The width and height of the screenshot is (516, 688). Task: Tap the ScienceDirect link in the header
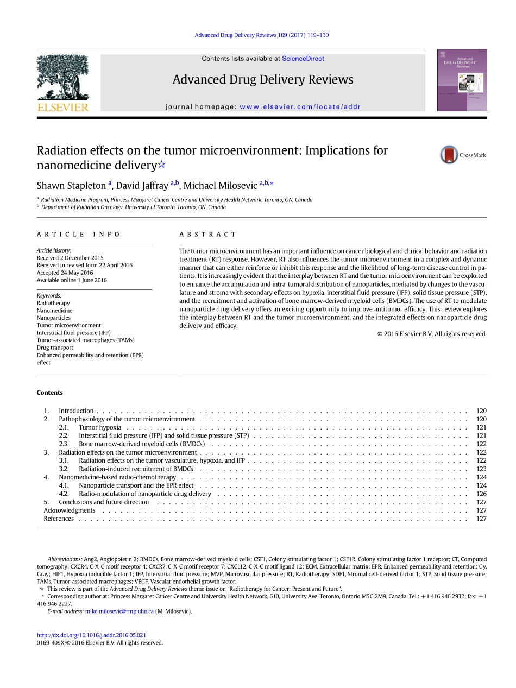coord(303,59)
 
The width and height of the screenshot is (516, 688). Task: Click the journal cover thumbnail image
coord(462,80)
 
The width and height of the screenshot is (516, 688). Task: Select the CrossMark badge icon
coord(450,155)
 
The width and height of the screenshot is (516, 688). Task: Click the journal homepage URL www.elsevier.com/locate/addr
coord(300,107)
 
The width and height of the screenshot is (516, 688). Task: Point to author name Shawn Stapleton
coord(71,186)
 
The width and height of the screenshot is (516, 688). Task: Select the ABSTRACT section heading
coord(207,235)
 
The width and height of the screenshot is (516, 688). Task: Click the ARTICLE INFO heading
coord(78,235)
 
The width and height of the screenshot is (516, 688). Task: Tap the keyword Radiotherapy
coord(53,303)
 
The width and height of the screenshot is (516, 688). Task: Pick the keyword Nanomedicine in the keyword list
coord(54,311)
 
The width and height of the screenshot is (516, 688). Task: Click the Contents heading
coord(50,393)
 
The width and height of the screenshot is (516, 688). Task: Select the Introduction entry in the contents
coord(76,411)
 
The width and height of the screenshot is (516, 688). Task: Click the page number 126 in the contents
coord(481,494)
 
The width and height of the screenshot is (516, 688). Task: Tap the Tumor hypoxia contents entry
coord(100,427)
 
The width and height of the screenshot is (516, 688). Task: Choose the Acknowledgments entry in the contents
coord(70,510)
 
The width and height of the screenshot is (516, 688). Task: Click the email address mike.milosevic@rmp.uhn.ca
coord(119,611)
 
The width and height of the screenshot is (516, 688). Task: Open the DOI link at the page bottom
coord(91,635)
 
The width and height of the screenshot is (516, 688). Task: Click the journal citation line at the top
coord(261,35)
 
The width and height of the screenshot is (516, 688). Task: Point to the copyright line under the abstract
coord(432,334)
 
